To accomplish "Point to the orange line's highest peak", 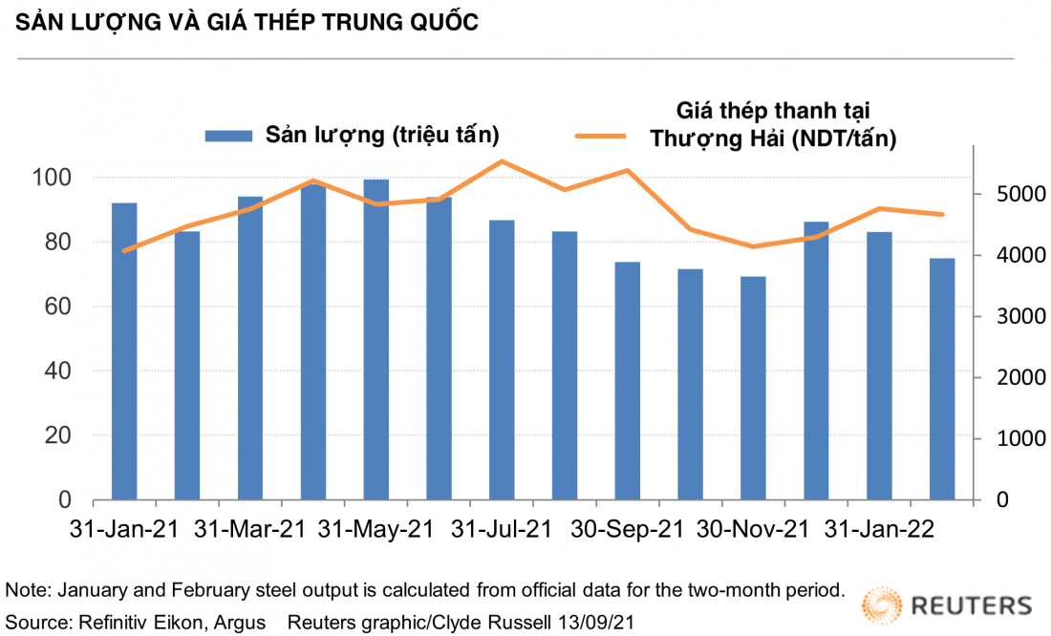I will point(502,161).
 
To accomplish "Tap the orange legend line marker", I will point(599,136).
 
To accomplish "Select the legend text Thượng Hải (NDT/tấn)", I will point(773,138).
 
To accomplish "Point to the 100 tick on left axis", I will point(54,178).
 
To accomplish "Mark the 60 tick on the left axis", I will point(59,307).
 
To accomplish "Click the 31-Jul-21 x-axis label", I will point(501,528).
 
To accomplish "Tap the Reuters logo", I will point(946,604).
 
